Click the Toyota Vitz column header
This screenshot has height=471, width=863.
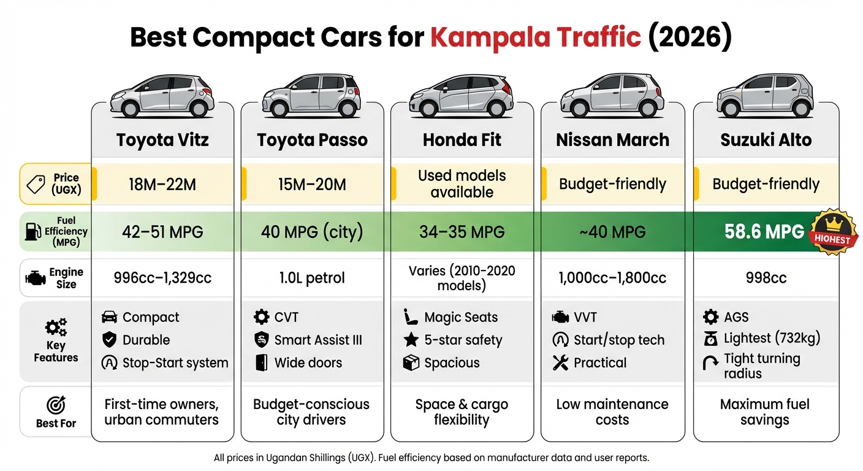tap(162, 140)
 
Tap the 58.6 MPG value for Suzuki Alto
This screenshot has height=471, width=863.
tap(764, 231)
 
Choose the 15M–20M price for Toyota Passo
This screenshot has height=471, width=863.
tap(312, 184)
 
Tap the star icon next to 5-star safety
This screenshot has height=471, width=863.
tap(411, 340)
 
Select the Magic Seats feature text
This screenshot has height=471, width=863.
tap(461, 317)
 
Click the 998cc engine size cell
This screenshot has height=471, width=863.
tap(766, 278)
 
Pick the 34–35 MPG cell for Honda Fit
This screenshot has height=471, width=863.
tap(462, 232)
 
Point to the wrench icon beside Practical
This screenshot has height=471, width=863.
tap(560, 362)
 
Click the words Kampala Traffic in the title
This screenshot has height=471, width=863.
tap(535, 37)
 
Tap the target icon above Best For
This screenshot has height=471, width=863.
tap(56, 405)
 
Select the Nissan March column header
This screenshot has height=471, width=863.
tap(612, 140)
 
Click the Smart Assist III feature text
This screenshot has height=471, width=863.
tap(318, 340)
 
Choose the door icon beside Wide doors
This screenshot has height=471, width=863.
tap(261, 362)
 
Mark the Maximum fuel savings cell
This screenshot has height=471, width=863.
tap(764, 412)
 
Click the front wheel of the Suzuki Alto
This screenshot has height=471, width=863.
tap(730, 109)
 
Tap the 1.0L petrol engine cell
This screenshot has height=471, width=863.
tap(312, 278)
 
